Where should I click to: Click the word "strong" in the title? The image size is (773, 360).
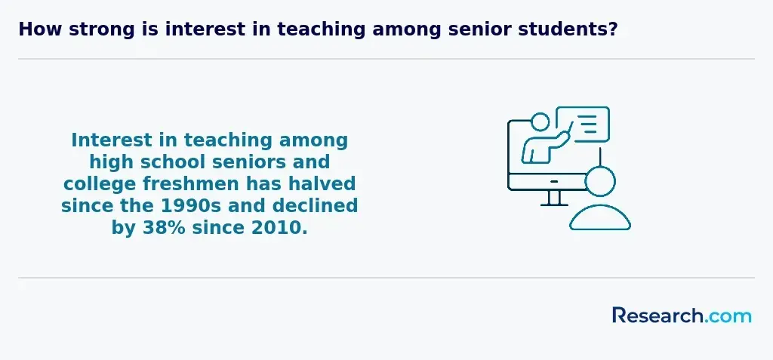102,30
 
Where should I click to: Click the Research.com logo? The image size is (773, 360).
682,315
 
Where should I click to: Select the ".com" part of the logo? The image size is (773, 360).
728,316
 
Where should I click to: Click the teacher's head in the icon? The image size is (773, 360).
540,122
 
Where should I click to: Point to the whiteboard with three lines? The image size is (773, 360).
584,125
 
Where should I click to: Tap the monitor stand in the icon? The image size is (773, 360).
554,198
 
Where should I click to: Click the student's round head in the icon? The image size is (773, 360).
600,181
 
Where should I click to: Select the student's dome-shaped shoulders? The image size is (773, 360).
600,217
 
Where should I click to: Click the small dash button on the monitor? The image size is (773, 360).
554,181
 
